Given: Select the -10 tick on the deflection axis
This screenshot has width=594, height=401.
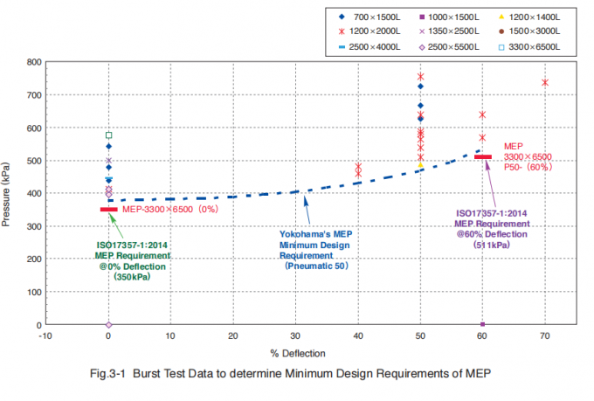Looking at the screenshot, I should tap(46, 335).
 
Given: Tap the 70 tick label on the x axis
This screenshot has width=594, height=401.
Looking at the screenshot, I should tap(545, 335).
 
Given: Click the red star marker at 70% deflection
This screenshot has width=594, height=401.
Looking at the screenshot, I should tap(545, 82).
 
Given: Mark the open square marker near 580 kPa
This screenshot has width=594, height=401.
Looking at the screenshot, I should tap(108, 135).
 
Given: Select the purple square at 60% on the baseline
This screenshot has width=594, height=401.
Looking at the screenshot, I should tap(482, 324).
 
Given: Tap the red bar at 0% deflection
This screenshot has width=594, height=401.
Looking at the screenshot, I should tap(108, 209).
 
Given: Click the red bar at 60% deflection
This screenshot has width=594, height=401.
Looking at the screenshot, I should tap(483, 157).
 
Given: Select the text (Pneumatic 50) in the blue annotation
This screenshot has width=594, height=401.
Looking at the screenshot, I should tap(316, 265).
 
